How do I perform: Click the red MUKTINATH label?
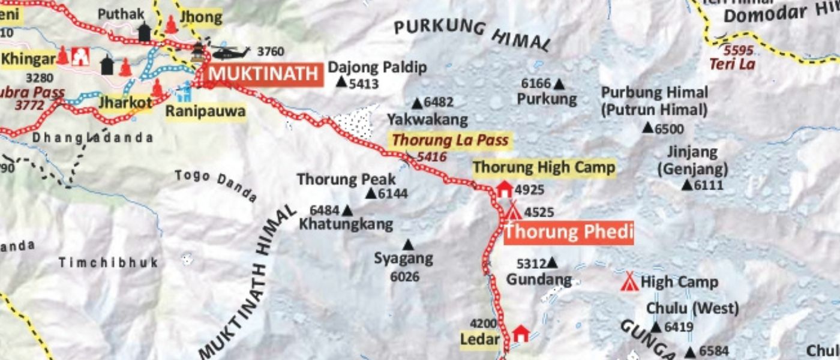(263, 74)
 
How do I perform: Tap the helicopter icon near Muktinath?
(229, 52)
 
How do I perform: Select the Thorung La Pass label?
(450, 140)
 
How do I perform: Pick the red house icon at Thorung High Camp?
(505, 190)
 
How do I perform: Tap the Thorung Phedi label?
(568, 232)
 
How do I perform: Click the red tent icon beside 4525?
(513, 211)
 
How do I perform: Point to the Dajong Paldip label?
(377, 67)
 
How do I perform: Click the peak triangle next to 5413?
(341, 82)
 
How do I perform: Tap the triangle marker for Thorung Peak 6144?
(370, 193)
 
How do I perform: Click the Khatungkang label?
(346, 224)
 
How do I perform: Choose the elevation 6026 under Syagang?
(404, 277)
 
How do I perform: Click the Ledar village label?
(479, 340)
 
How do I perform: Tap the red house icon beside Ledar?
(521, 333)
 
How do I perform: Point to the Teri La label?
(731, 64)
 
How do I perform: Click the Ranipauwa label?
(205, 111)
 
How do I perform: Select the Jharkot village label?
(125, 103)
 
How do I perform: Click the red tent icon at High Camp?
(629, 281)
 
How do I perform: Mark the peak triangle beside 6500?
(647, 127)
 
